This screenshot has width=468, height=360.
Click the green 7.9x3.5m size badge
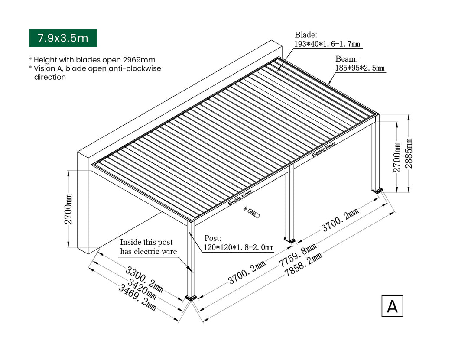click(x=63, y=38)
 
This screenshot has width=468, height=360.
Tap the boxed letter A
click(x=392, y=306)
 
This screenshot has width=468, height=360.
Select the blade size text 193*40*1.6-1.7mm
click(x=327, y=44)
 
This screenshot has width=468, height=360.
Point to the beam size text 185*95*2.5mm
click(x=360, y=68)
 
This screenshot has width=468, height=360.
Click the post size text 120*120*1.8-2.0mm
click(x=238, y=247)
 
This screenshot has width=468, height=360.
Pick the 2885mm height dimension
click(x=409, y=153)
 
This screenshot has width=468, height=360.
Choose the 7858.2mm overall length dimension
click(x=304, y=265)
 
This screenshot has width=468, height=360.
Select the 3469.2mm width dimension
click(x=137, y=297)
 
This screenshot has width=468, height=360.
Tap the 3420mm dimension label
click(x=142, y=289)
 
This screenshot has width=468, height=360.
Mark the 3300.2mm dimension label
click(x=144, y=279)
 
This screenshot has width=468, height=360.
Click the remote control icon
click(x=253, y=213)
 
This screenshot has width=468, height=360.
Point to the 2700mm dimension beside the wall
click(x=68, y=209)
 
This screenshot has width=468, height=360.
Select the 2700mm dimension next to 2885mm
click(x=396, y=157)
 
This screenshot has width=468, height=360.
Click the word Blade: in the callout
click(x=305, y=35)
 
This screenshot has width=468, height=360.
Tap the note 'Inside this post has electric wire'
click(x=148, y=246)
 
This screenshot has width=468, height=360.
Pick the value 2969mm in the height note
click(x=139, y=60)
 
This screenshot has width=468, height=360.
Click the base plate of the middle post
click(x=289, y=240)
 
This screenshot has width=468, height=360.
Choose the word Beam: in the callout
click(x=346, y=58)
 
